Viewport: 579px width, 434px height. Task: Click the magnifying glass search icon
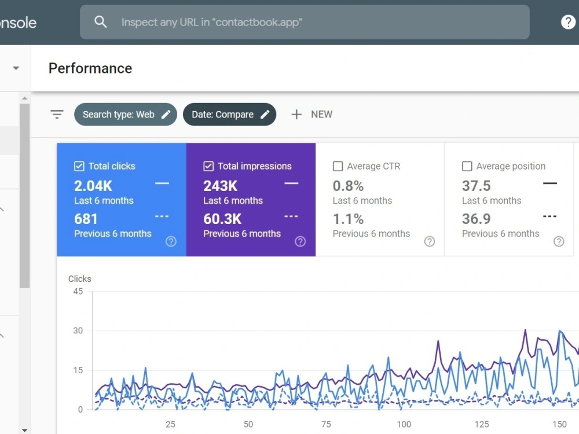[100, 22]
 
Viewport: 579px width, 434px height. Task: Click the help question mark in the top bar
[568, 22]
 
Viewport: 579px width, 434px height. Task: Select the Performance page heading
[90, 68]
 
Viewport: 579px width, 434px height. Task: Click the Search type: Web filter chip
[126, 115]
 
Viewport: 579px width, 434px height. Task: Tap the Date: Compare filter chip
[229, 115]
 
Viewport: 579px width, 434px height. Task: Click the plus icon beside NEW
[296, 115]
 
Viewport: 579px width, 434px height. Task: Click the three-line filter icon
[57, 115]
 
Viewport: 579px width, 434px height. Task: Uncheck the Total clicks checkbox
[79, 167]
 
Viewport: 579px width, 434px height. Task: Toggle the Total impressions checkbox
[208, 167]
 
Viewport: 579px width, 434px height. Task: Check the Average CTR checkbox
[338, 167]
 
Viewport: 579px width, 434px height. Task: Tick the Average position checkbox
[467, 167]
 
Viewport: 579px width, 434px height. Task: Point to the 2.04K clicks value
[93, 186]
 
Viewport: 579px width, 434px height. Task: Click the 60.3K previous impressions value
[222, 219]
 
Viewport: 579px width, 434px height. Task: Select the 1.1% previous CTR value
[348, 219]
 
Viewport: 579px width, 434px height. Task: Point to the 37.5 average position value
[477, 186]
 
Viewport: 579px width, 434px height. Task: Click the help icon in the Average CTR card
[430, 241]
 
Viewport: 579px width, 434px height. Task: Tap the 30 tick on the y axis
[78, 330]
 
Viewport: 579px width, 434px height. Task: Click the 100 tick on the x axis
[404, 424]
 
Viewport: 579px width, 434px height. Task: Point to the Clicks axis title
[80, 279]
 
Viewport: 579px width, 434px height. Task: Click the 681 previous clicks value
[86, 219]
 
